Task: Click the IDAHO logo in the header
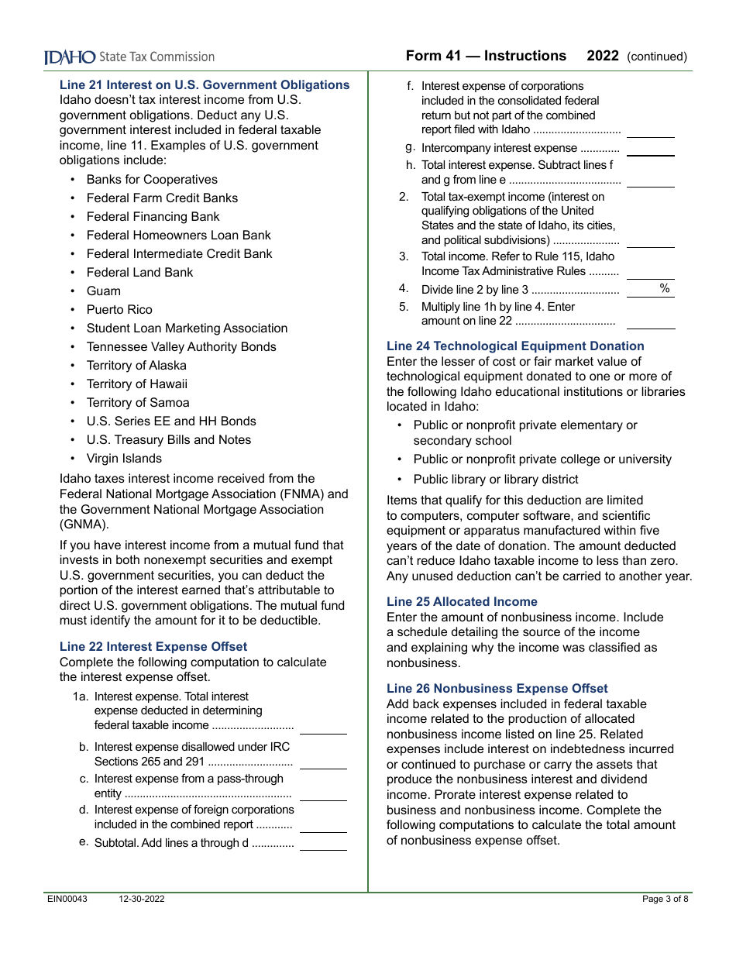(70, 57)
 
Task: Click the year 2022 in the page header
(603, 56)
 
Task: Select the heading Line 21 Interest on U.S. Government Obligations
(205, 85)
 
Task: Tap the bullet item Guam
(103, 291)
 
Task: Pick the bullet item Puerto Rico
(119, 310)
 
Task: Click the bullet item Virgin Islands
(124, 459)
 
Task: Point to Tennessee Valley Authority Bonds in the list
(181, 347)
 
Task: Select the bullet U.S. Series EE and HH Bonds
(171, 421)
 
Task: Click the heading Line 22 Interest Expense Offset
(153, 647)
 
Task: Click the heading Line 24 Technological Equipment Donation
(515, 346)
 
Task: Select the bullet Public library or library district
(496, 480)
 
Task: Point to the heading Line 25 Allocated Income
(462, 602)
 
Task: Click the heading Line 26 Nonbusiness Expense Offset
(497, 689)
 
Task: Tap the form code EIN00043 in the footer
(67, 900)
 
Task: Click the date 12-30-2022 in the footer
(142, 900)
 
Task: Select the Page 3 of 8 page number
(665, 900)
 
